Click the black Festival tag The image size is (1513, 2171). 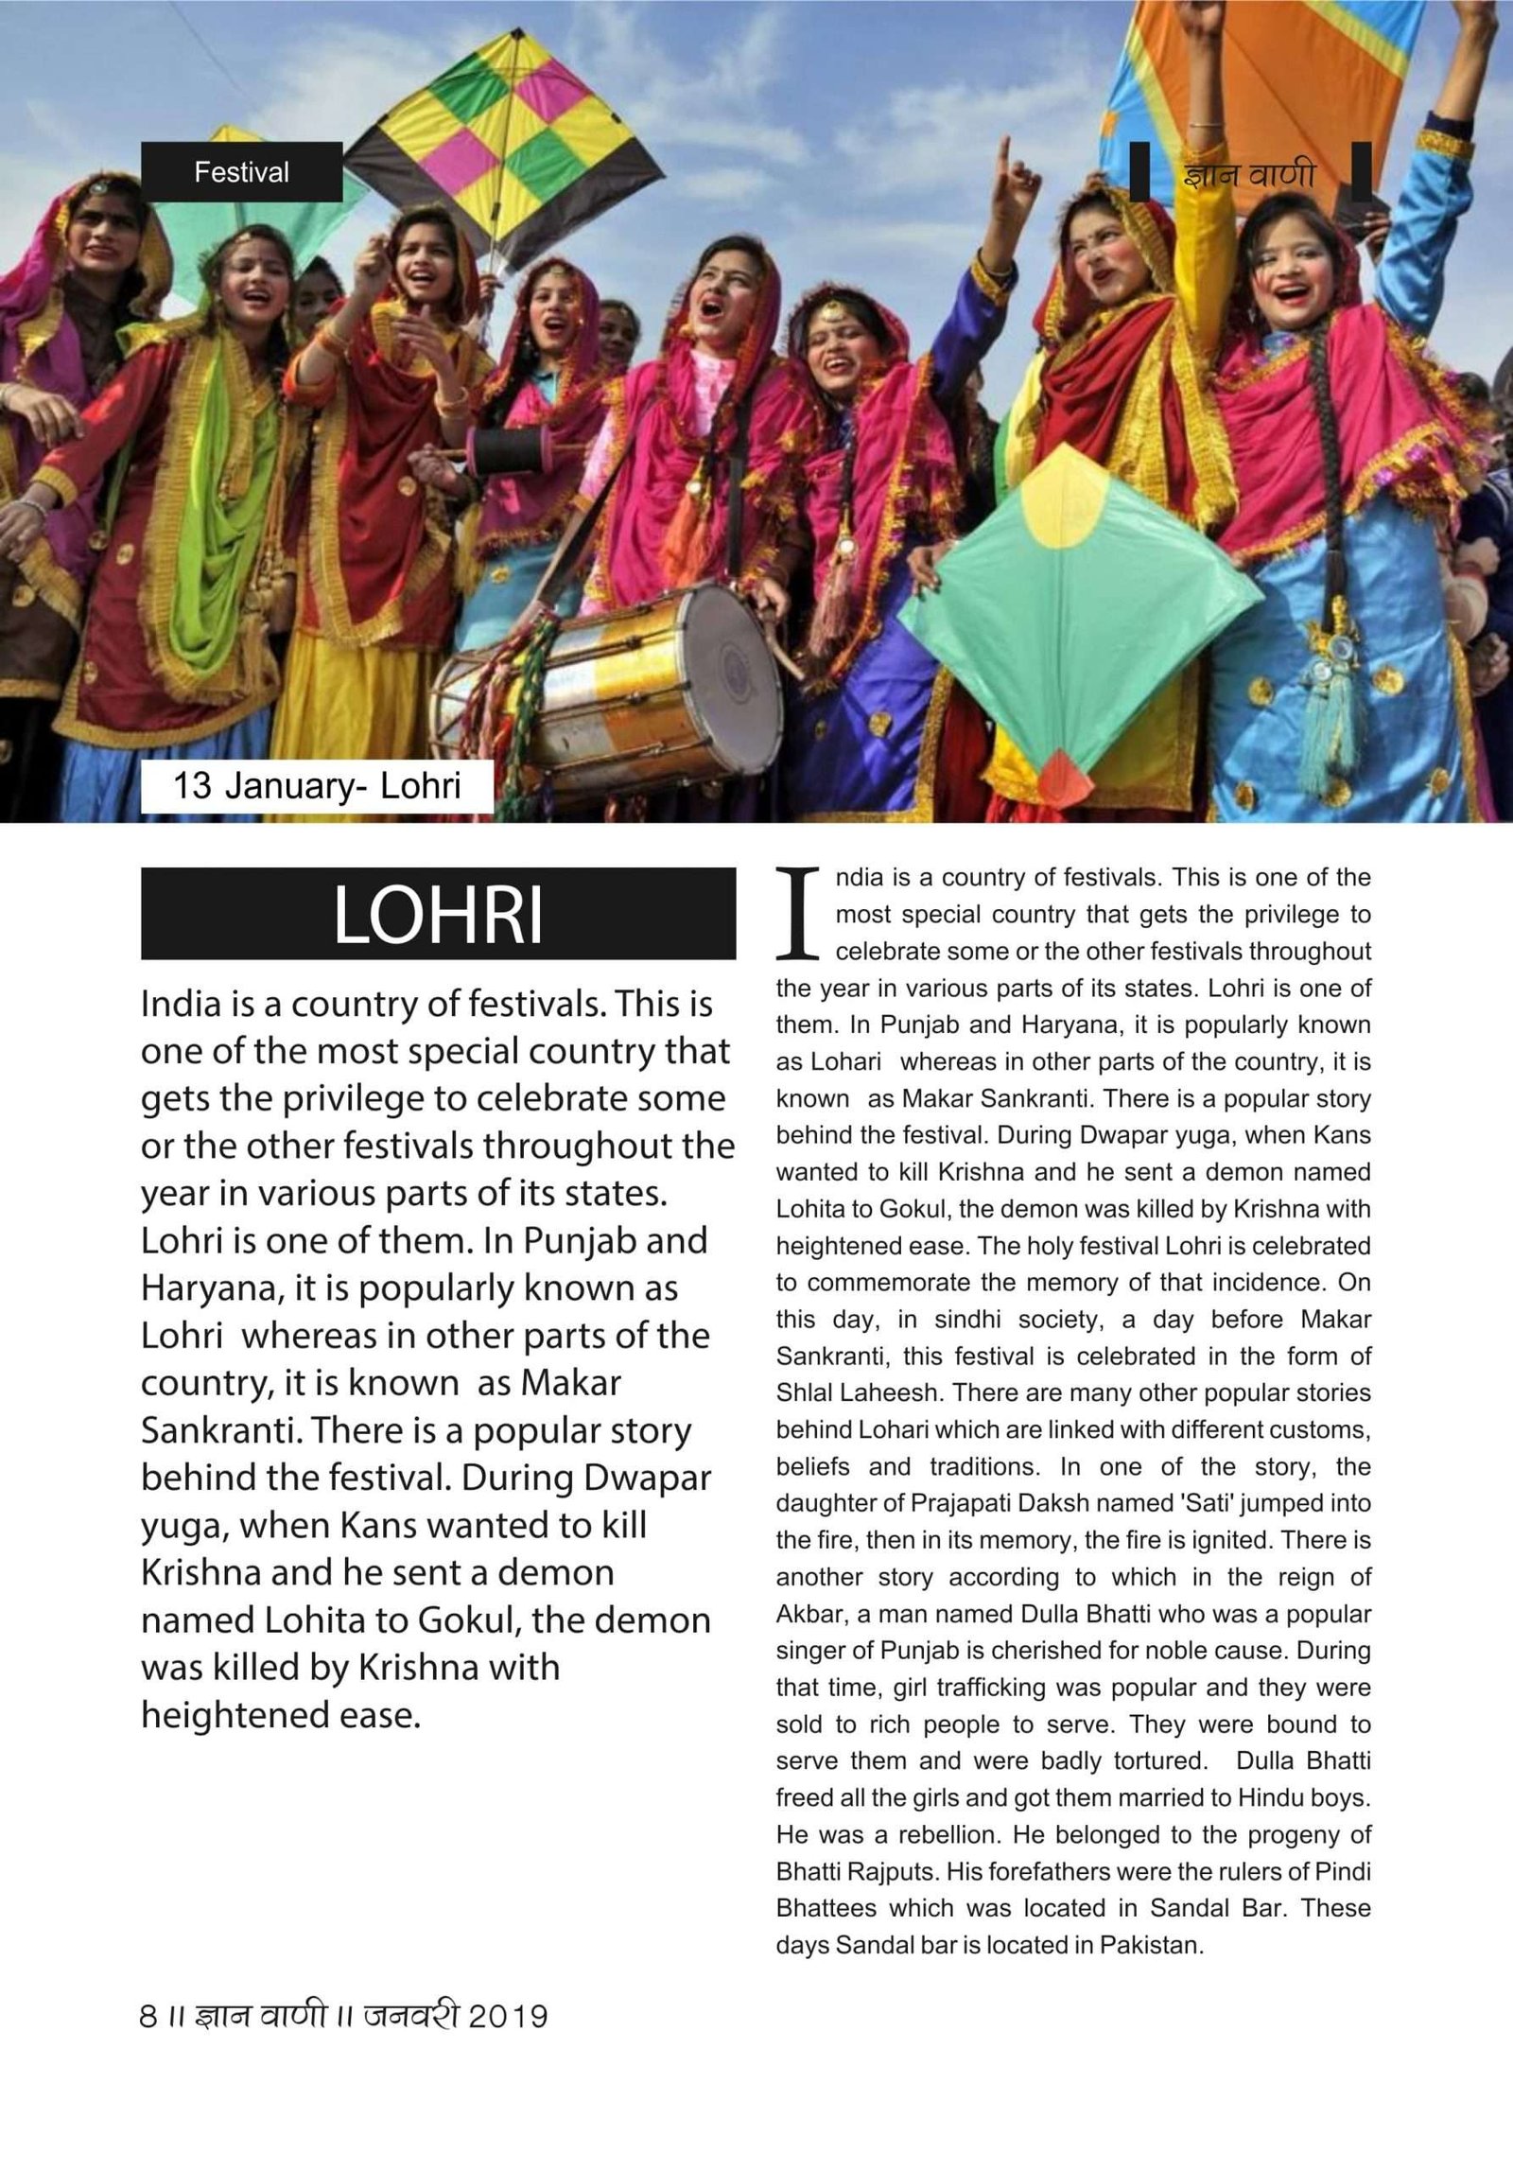[x=241, y=172]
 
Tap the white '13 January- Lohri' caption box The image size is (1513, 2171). [x=317, y=786]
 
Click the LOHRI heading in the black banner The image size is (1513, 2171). [x=438, y=914]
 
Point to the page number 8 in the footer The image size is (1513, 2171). [x=148, y=2017]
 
